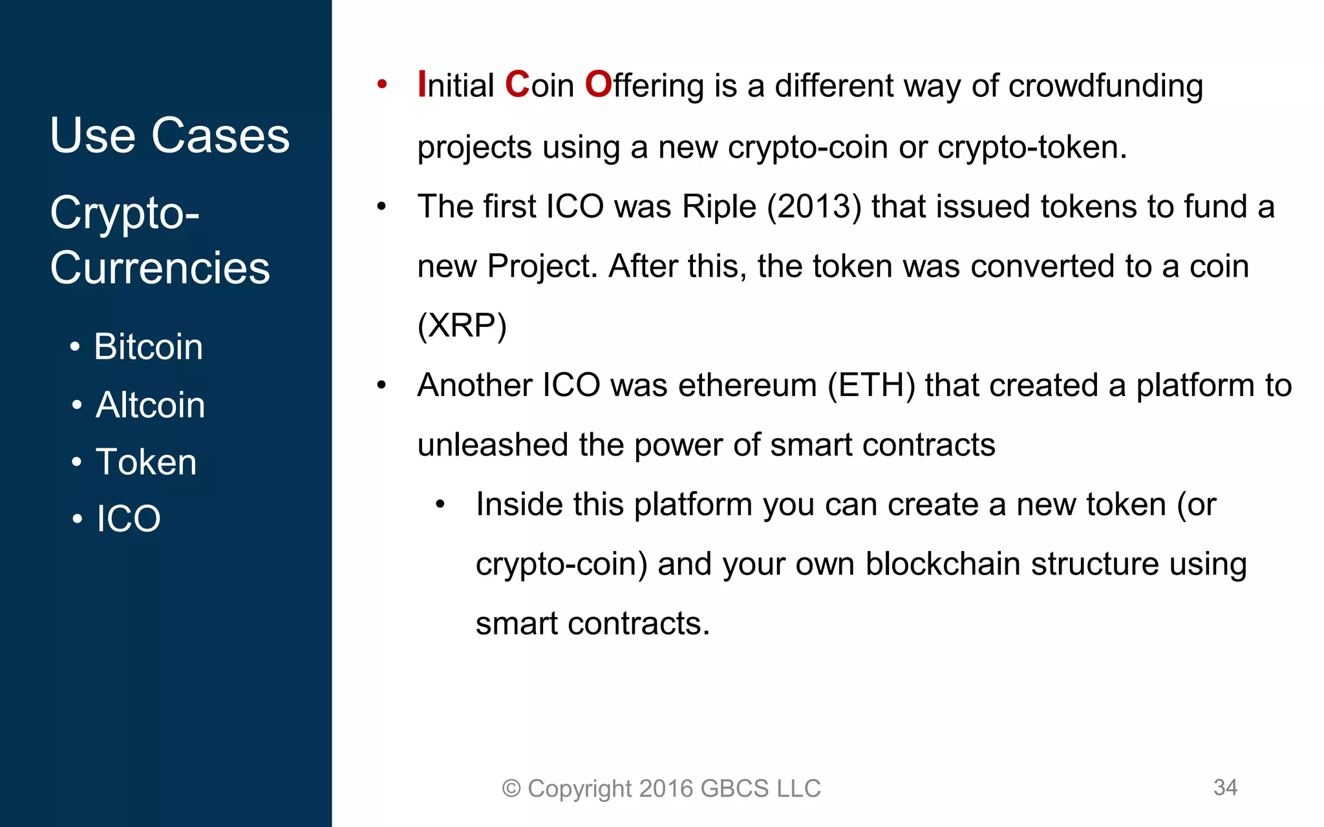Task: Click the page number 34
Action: pyautogui.click(x=1225, y=787)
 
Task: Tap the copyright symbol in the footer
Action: pyautogui.click(x=511, y=788)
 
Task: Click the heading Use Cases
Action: pyautogui.click(x=169, y=136)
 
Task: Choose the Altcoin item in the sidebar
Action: pyautogui.click(x=150, y=404)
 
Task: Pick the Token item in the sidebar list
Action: pyautogui.click(x=146, y=462)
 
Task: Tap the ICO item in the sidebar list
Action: pyautogui.click(x=129, y=518)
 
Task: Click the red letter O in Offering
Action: pyautogui.click(x=598, y=85)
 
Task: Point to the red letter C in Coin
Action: pyautogui.click(x=517, y=85)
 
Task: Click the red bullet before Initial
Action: pyautogui.click(x=382, y=84)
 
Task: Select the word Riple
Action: pyautogui.click(x=719, y=207)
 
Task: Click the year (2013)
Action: pyautogui.click(x=815, y=207)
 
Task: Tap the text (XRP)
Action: pyautogui.click(x=462, y=326)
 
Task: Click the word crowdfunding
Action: pyautogui.click(x=1105, y=86)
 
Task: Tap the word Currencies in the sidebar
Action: pyautogui.click(x=160, y=267)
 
